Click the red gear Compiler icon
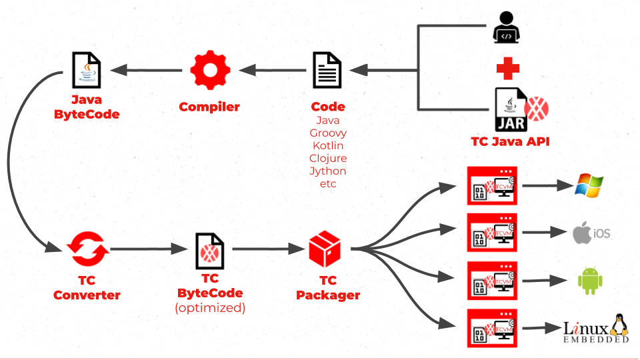[210, 70]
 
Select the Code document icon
[327, 70]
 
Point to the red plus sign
[508, 68]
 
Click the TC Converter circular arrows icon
[87, 249]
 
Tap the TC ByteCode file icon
[209, 251]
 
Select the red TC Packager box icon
[325, 249]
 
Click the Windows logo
[589, 185]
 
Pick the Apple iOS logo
[591, 233]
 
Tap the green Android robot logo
[589, 281]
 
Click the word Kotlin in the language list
[328, 145]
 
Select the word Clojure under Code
[328, 158]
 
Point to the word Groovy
[328, 133]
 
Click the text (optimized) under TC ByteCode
[210, 307]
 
